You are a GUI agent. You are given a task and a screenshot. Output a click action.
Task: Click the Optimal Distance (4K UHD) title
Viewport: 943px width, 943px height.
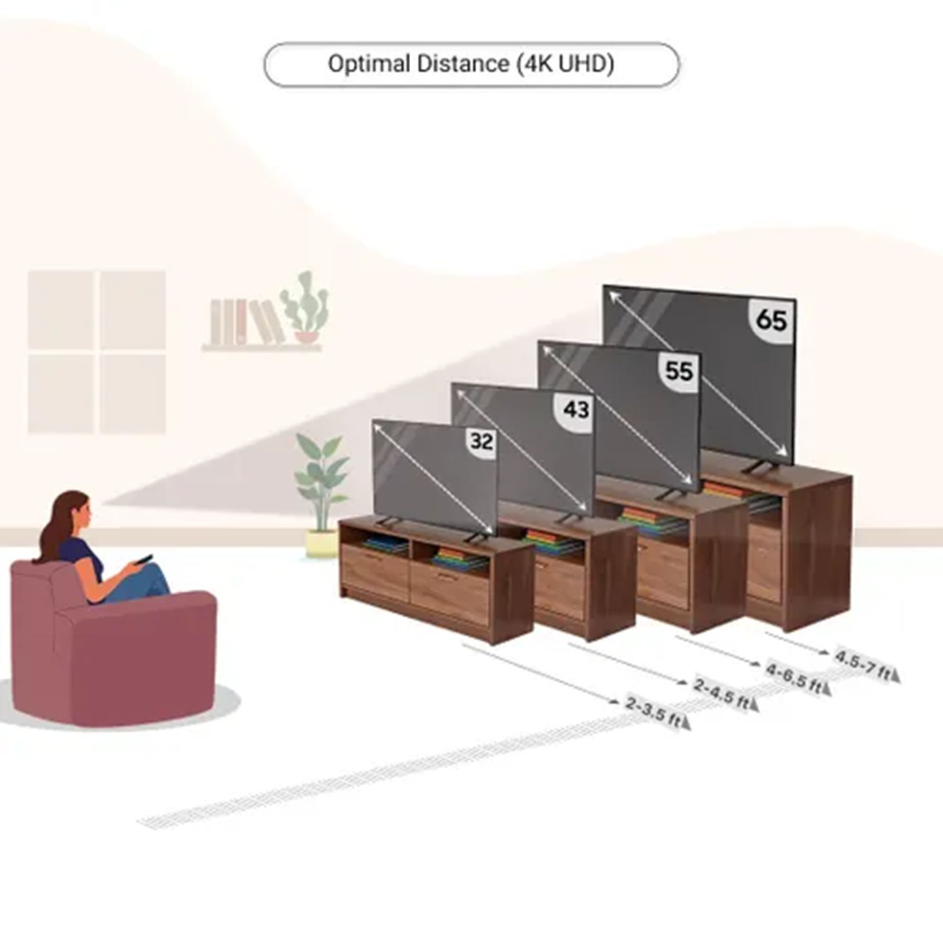(x=471, y=64)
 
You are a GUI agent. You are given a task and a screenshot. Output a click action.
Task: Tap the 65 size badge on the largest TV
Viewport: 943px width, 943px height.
(x=771, y=321)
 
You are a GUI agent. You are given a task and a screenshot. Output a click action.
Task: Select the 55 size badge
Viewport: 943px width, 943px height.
(x=678, y=371)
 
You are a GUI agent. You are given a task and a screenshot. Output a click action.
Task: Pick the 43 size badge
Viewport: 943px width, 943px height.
(x=575, y=409)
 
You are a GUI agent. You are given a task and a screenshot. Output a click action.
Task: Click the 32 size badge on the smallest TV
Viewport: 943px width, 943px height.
(x=481, y=441)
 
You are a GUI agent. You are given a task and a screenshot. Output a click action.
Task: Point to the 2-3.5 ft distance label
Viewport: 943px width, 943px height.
(x=654, y=711)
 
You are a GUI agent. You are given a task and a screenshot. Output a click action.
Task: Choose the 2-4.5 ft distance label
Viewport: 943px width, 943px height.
(x=723, y=693)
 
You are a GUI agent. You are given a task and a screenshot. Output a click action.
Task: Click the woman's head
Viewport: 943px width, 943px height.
(x=74, y=513)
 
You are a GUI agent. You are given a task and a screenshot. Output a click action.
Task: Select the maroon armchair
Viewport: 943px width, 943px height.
(x=112, y=648)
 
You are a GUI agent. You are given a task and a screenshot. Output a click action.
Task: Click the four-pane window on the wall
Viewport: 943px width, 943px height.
(x=97, y=352)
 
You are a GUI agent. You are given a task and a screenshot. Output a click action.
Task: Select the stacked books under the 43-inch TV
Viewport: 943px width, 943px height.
(x=551, y=543)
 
